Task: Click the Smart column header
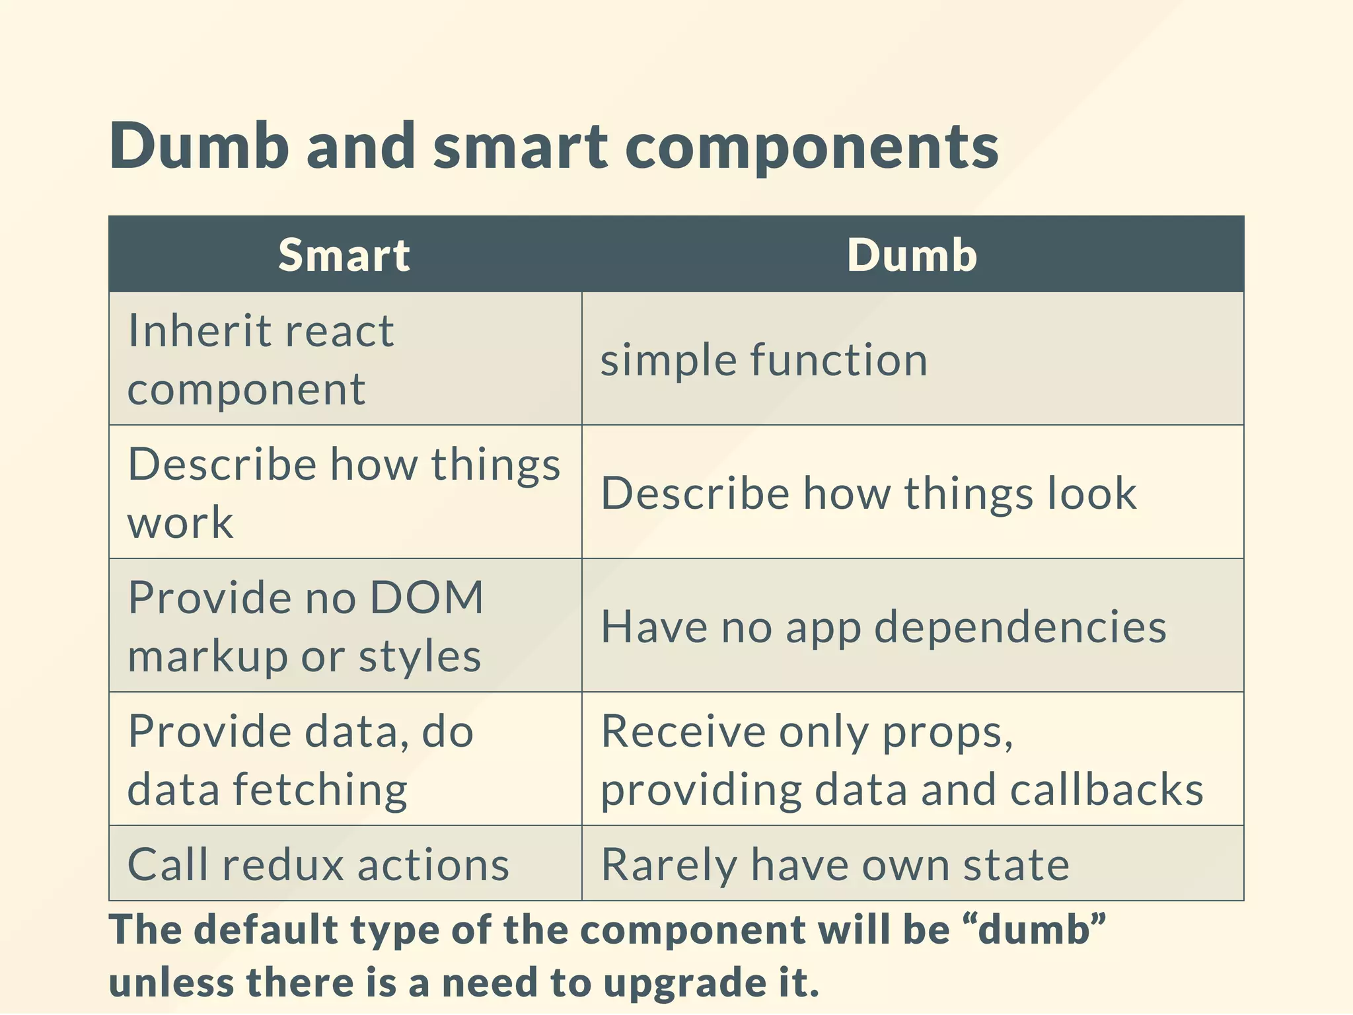point(344,255)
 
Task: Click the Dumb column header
point(912,255)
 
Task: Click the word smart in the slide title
point(520,146)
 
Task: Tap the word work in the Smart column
point(180,523)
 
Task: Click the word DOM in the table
point(426,597)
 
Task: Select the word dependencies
point(1020,628)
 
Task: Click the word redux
point(283,864)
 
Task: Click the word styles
point(420,658)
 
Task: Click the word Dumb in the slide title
point(199,146)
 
